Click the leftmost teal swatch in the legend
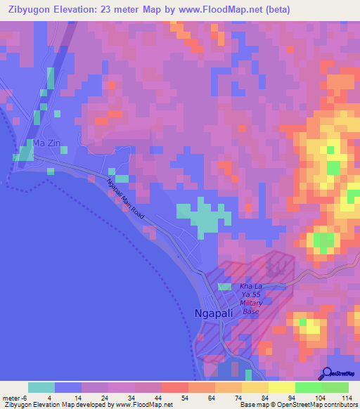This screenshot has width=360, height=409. coord(41,387)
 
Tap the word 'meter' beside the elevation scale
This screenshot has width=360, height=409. coord(13,397)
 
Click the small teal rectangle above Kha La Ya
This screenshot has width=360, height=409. coord(224,287)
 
